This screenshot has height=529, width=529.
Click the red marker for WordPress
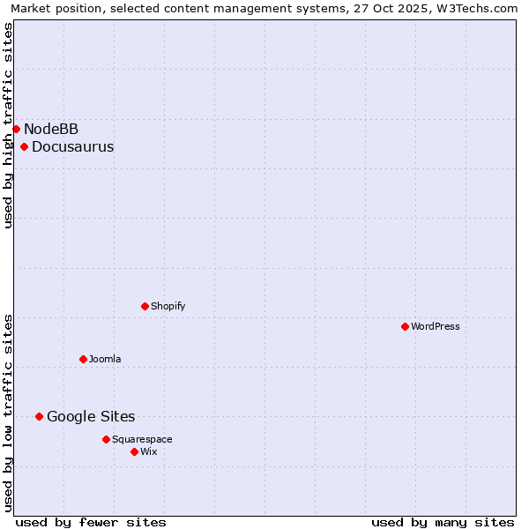[405, 326]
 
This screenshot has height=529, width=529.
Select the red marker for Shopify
[145, 306]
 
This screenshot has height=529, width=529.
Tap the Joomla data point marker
[83, 359]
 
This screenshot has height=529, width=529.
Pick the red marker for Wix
[134, 451]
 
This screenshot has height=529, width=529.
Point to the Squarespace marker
[106, 439]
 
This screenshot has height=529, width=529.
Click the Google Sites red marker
[39, 416]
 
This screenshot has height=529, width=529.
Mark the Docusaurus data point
[24, 146]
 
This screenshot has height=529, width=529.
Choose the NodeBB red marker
[16, 129]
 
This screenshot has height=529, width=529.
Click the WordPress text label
[436, 326]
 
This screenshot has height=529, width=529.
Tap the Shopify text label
[168, 306]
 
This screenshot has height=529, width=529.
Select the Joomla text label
[105, 359]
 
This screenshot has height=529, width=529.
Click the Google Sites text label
[91, 416]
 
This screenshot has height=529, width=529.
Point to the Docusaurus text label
[72, 146]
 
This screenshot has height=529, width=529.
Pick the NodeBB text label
[51, 129]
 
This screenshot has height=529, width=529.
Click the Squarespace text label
[142, 439]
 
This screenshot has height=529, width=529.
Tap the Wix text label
[149, 451]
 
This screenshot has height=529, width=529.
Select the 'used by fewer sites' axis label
[91, 522]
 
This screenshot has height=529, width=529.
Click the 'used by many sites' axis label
[443, 522]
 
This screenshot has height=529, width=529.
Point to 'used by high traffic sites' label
[9, 125]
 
